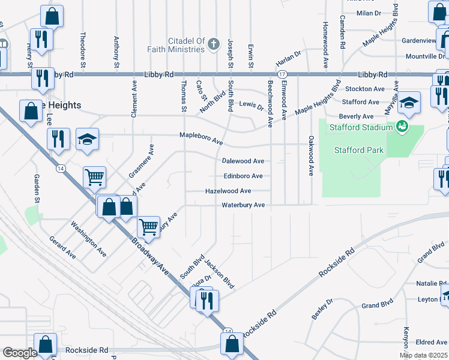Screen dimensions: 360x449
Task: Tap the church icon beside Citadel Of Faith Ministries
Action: tap(214, 44)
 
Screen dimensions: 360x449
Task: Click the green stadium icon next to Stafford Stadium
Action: tap(402, 127)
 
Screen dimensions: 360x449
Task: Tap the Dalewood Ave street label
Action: tap(243, 161)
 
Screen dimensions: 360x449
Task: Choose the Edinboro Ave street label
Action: tap(243, 176)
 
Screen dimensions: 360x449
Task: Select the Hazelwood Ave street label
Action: tap(228, 191)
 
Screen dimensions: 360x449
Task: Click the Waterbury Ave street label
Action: tap(243, 205)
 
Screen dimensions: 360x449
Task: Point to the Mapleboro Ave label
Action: tap(201, 139)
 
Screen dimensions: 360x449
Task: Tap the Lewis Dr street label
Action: tap(252, 106)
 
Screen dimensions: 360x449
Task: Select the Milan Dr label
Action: tap(369, 13)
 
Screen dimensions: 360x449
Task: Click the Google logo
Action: tap(20, 353)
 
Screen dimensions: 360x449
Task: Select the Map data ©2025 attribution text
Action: tap(423, 355)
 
